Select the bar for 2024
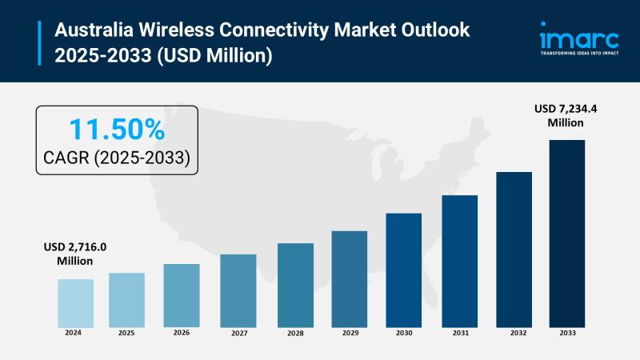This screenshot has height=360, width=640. [75, 302]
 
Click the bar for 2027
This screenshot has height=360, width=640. [238, 290]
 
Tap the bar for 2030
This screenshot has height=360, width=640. [403, 270]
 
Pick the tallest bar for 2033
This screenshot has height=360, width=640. [566, 233]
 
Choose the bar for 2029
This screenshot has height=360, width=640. [349, 278]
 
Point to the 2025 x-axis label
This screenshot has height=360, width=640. [126, 332]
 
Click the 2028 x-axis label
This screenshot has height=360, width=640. [295, 332]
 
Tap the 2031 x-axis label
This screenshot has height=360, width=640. [459, 332]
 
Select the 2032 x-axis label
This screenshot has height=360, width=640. [514, 332]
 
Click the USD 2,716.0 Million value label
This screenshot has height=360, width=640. [74, 254]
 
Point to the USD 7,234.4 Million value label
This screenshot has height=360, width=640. [566, 116]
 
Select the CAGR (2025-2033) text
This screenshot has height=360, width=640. [117, 158]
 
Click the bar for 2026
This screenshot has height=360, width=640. [182, 295]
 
